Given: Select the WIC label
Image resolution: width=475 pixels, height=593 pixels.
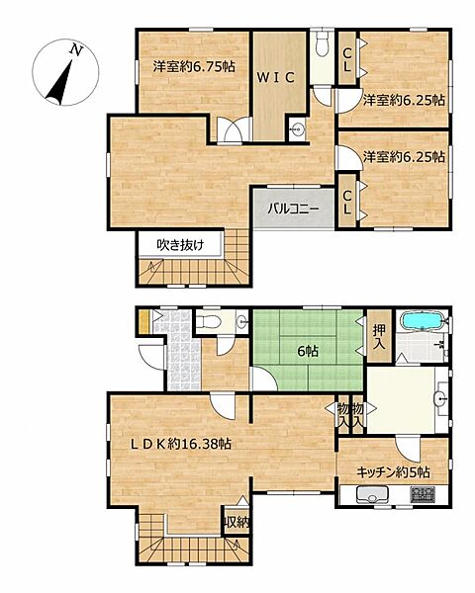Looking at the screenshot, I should pos(277,77).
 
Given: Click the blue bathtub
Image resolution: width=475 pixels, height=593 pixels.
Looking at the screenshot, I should pos(422,322).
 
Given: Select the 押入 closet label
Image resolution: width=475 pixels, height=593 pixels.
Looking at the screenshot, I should pos(379,337).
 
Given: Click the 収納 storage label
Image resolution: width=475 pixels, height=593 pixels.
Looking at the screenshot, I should pos(237,522).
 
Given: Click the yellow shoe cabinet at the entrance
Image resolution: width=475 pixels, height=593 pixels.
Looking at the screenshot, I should pos(144,321).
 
